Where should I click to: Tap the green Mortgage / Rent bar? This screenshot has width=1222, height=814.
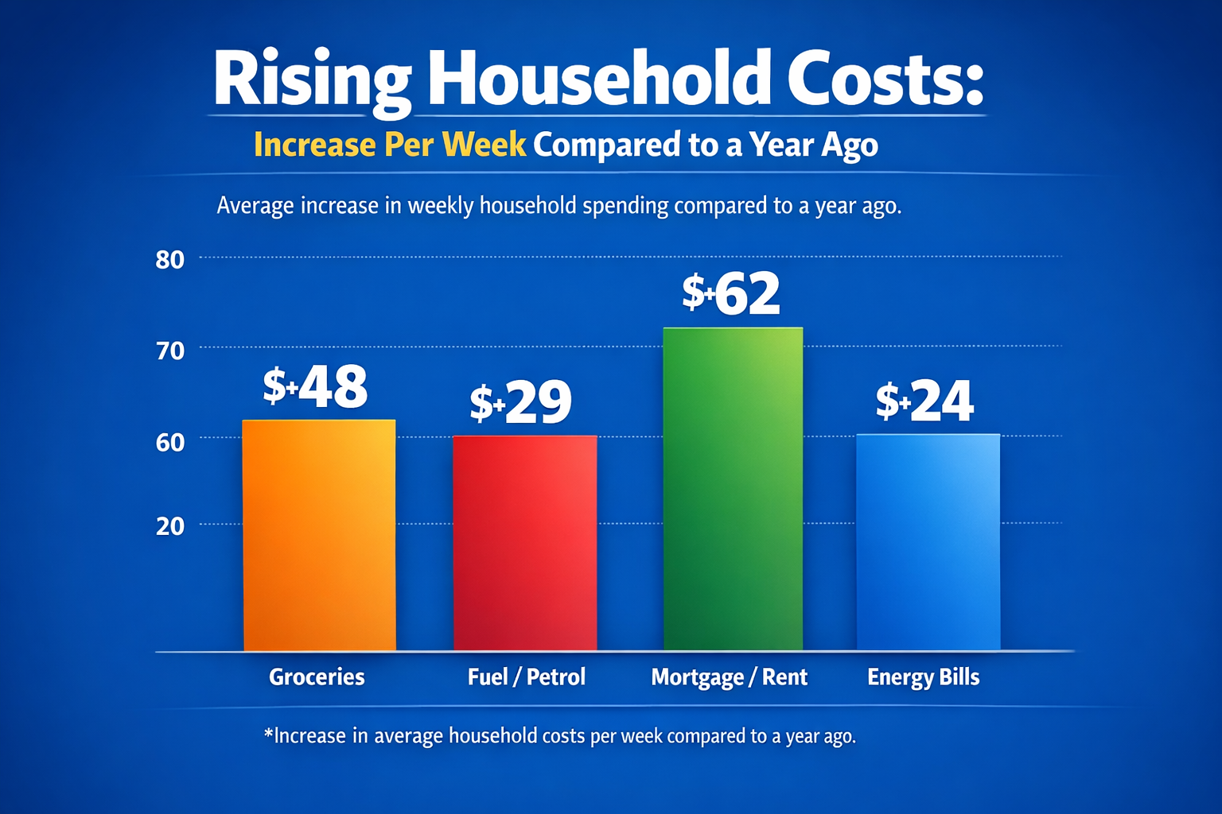(x=733, y=489)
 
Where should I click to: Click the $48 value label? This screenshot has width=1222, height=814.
(x=316, y=387)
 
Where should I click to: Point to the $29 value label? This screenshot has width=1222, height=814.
(x=521, y=402)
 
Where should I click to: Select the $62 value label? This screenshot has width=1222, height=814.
(x=731, y=293)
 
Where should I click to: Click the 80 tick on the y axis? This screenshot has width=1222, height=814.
(x=170, y=260)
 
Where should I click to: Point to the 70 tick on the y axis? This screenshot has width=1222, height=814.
(x=170, y=351)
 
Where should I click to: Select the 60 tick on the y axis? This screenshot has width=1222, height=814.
(x=170, y=442)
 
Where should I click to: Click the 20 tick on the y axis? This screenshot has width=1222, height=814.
(x=170, y=526)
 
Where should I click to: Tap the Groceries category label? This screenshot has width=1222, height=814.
(x=317, y=676)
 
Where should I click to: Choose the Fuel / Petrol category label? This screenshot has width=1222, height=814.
(x=527, y=676)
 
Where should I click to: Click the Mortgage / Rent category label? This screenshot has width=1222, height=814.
(x=729, y=677)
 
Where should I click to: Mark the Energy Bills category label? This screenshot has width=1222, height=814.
(x=923, y=677)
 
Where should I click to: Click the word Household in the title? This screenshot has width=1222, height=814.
(x=599, y=79)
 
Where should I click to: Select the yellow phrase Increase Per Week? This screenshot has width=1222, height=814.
(x=390, y=145)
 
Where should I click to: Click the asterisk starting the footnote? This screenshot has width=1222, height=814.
(x=268, y=732)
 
